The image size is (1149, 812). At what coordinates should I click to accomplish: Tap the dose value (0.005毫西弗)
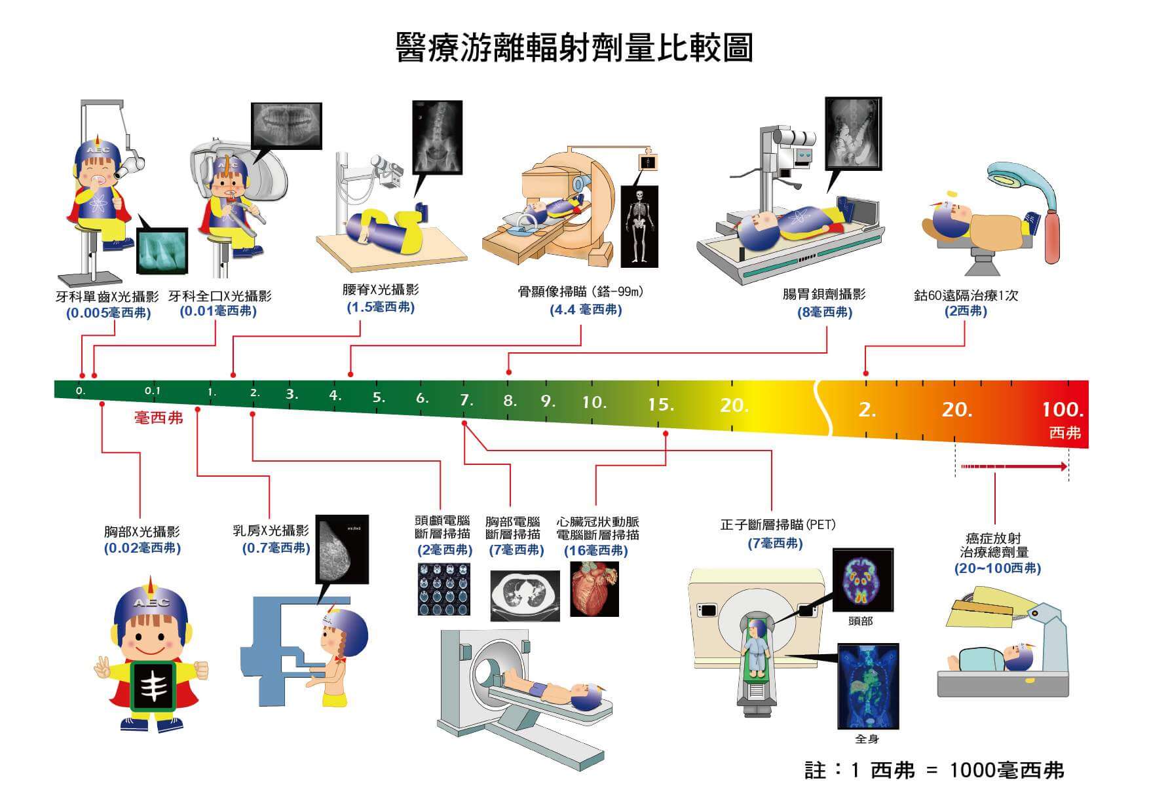tap(109, 313)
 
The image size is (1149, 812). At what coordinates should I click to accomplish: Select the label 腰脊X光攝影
tap(381, 289)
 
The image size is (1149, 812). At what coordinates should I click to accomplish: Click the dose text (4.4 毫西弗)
tap(586, 309)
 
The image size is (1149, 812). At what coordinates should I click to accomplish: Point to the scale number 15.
tap(660, 405)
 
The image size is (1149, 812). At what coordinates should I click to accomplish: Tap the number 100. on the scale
tap(1063, 410)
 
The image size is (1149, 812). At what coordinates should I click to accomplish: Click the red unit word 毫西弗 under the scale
tap(159, 418)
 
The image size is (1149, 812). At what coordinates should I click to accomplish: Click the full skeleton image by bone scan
tap(639, 225)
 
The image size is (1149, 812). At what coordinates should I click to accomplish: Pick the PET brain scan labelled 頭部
tap(862, 580)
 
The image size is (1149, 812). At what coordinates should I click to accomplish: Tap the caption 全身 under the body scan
tap(867, 739)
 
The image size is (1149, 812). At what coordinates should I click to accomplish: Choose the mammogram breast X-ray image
tap(342, 549)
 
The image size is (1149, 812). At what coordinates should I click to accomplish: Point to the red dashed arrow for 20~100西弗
tap(1013, 467)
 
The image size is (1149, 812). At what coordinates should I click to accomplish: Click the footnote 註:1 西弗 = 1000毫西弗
tap(934, 770)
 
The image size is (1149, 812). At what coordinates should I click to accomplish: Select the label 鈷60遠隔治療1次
tap(966, 295)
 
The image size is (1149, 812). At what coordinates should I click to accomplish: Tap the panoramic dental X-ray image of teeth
tap(287, 126)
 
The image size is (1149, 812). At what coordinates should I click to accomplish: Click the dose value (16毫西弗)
tap(595, 551)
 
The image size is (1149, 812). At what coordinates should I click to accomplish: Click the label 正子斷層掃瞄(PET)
tap(778, 525)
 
